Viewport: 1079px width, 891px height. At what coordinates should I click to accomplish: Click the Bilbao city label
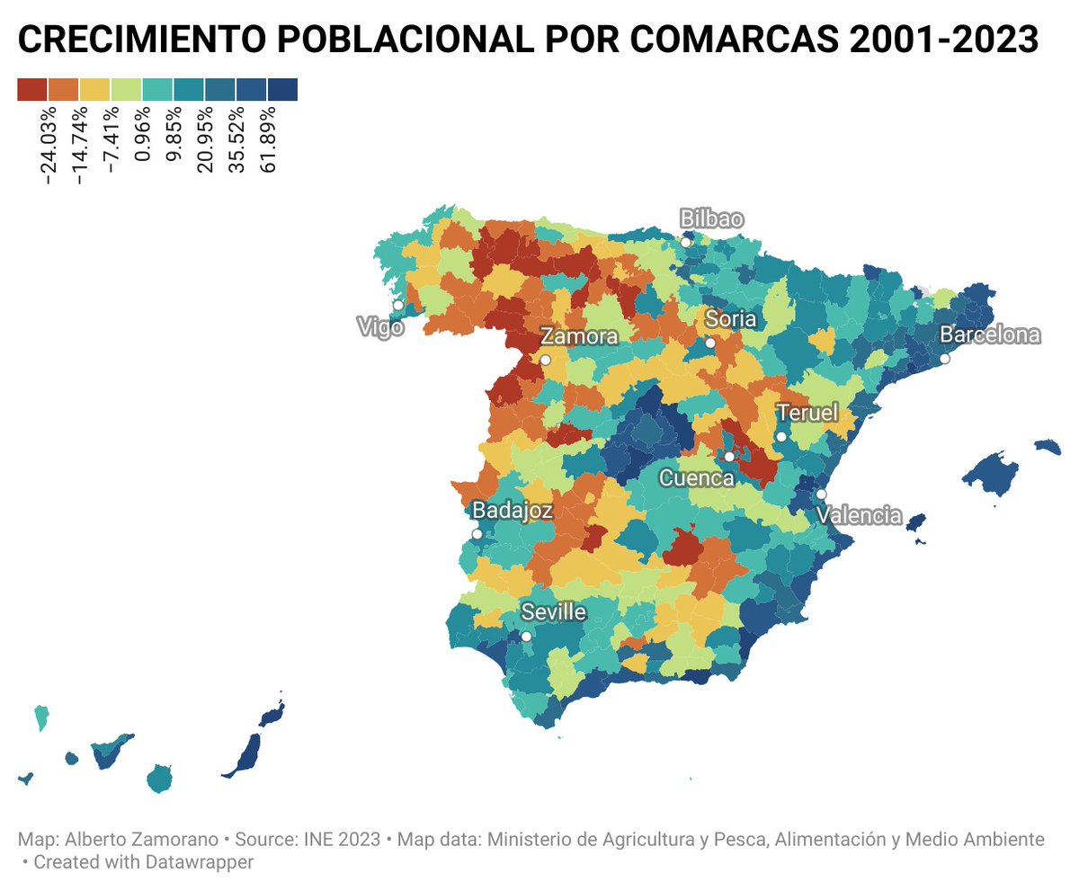pyautogui.click(x=712, y=218)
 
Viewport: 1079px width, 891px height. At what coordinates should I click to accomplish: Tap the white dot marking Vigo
pyautogui.click(x=398, y=306)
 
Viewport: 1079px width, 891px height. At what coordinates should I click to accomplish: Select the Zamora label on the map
pyautogui.click(x=579, y=337)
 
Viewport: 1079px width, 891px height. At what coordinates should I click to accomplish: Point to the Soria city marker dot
pyautogui.click(x=710, y=343)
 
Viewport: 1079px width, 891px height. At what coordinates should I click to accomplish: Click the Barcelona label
pyautogui.click(x=990, y=335)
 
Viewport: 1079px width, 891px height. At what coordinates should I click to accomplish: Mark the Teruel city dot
pyautogui.click(x=781, y=436)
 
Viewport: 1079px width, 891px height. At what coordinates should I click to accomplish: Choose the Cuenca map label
pyautogui.click(x=697, y=478)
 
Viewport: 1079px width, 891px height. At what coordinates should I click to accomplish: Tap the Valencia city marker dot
pyautogui.click(x=821, y=495)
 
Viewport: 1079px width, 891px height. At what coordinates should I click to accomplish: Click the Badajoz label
pyautogui.click(x=512, y=510)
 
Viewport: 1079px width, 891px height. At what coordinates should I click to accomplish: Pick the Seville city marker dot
pyautogui.click(x=526, y=637)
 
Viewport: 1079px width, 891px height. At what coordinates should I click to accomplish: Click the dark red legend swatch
pyautogui.click(x=31, y=90)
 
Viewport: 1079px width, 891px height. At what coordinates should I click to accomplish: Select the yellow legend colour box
pyautogui.click(x=94, y=90)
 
